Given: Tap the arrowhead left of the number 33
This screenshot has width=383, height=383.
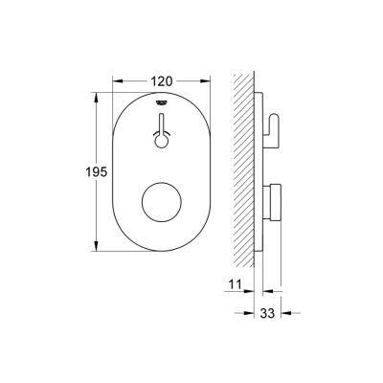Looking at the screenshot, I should [x=249, y=312].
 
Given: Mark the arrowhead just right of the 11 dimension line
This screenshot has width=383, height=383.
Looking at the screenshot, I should [x=264, y=286].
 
